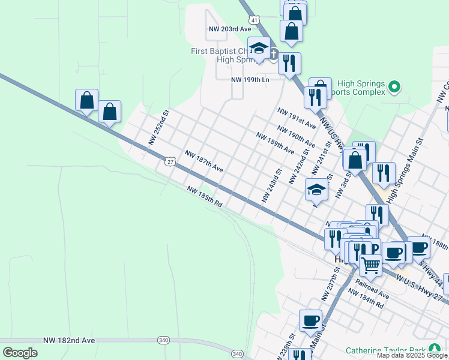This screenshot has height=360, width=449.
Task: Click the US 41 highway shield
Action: [x=255, y=20]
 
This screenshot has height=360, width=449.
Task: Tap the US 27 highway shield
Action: [x=170, y=161]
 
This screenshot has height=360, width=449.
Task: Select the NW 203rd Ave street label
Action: [x=229, y=29]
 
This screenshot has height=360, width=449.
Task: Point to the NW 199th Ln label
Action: [x=251, y=79]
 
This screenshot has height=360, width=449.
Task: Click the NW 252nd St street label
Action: [x=160, y=127]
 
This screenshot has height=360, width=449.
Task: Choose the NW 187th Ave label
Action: [x=203, y=161]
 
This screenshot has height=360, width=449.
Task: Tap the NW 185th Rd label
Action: [x=205, y=197]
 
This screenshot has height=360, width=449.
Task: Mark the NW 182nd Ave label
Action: [x=69, y=340]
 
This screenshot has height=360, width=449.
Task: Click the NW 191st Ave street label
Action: [x=296, y=119]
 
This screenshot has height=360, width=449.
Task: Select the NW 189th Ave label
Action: [x=275, y=143]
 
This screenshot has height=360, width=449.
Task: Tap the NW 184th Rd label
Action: [x=366, y=299]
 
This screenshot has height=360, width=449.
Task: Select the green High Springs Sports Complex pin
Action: [x=394, y=88]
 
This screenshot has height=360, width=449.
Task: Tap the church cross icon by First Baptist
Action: [x=274, y=55]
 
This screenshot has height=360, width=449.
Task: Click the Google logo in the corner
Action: [x=20, y=352]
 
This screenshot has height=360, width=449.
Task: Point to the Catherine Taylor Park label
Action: [x=385, y=350]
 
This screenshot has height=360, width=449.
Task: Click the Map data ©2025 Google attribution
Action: [x=411, y=356]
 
